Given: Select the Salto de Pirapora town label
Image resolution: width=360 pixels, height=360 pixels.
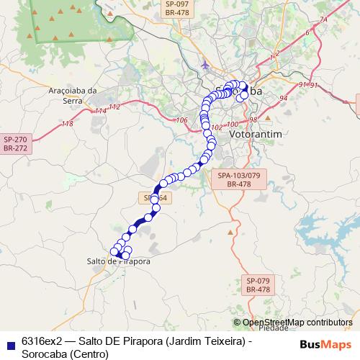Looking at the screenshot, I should [118, 261].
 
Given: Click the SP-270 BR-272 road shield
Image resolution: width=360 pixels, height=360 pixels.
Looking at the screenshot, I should [14, 143].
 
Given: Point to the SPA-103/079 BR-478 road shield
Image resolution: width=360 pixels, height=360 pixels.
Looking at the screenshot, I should [238, 179].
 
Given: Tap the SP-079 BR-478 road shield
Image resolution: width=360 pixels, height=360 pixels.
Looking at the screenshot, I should [257, 284].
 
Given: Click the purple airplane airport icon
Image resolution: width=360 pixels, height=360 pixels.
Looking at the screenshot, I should [206, 66].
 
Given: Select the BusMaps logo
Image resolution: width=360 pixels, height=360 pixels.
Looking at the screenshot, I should [325, 344].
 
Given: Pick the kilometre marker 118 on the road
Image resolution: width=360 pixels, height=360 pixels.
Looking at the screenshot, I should [68, 124].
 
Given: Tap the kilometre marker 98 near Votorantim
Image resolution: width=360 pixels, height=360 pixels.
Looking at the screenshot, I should [252, 120].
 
